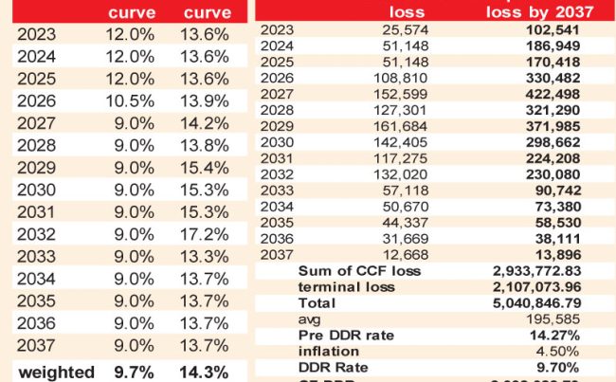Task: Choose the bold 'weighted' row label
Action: tap(56, 372)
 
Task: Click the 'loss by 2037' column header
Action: tap(539, 11)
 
